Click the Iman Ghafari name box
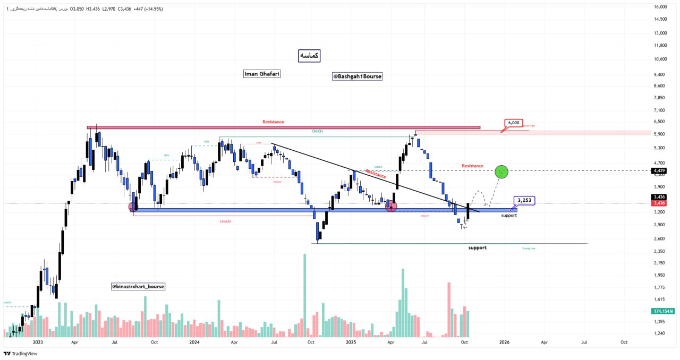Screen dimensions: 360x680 coord(261,74)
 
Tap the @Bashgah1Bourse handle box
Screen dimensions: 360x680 coord(358,76)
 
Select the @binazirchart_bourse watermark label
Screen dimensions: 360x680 coord(138,286)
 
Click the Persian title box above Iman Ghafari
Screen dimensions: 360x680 coord(309,55)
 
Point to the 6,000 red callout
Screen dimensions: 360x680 coord(514,123)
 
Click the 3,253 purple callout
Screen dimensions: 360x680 coord(524,201)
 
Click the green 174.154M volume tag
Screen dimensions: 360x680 coord(664,311)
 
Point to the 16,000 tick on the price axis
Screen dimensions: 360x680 coord(660,7)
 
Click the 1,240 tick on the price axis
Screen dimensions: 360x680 coord(659,333)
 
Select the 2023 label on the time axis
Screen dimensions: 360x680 coord(37,342)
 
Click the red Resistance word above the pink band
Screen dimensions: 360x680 coord(273,122)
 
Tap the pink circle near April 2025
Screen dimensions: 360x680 coord(391,206)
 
